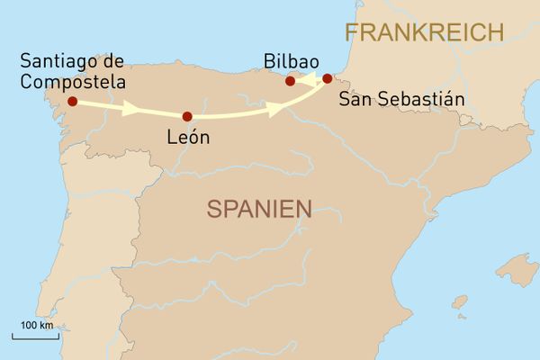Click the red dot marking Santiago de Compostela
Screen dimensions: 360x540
pyautogui.click(x=72, y=102)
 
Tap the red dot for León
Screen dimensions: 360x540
pyautogui.click(x=187, y=116)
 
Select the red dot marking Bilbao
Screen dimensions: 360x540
pyautogui.click(x=290, y=81)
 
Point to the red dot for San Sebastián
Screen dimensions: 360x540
pyautogui.click(x=327, y=78)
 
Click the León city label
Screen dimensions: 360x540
pyautogui.click(x=188, y=139)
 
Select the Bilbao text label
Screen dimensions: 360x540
pyautogui.click(x=292, y=60)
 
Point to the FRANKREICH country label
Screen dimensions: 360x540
pyautogui.click(x=424, y=33)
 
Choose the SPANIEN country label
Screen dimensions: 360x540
pyautogui.click(x=259, y=210)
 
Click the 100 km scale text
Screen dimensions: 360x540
pyautogui.click(x=36, y=324)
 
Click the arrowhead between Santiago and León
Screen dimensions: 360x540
pyautogui.click(x=130, y=109)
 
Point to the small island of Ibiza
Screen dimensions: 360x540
pyautogui.click(x=460, y=301)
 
